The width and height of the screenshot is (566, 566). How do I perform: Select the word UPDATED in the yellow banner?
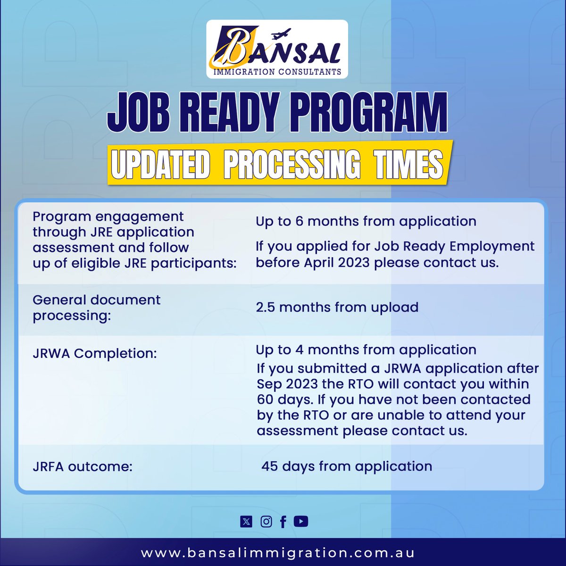[x=160, y=165]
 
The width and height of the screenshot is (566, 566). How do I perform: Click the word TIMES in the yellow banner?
[x=408, y=165]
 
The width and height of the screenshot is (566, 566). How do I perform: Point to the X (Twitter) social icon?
[x=246, y=522]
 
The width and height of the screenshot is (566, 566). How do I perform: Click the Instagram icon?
[x=266, y=522]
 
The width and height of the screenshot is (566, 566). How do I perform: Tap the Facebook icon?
[x=283, y=522]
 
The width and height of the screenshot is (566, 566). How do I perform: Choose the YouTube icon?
[x=301, y=521]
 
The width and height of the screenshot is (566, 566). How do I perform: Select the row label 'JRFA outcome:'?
[x=83, y=467]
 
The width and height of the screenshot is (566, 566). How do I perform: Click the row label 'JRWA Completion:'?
[x=94, y=353]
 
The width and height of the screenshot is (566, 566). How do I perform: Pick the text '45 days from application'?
[x=347, y=466]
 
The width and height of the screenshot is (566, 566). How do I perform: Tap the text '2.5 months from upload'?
[x=337, y=308]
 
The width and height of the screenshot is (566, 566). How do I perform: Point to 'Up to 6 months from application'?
[x=366, y=221]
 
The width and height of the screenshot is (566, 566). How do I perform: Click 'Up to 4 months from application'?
[x=366, y=350]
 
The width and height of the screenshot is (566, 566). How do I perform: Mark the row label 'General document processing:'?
[x=96, y=308]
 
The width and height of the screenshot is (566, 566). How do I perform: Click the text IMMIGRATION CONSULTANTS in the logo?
[x=277, y=72]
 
